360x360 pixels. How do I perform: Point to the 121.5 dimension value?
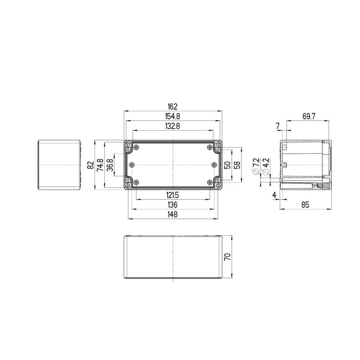pyautogui.click(x=173, y=195)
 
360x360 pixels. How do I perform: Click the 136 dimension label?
pyautogui.click(x=173, y=205)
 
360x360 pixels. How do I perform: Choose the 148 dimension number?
pyautogui.click(x=173, y=215)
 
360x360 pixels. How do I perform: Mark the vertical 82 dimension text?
pyautogui.click(x=91, y=165)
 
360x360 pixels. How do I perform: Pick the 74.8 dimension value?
pyautogui.click(x=100, y=165)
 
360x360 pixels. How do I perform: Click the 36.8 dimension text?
pyautogui.click(x=110, y=165)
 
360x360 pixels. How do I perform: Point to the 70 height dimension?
pyautogui.click(x=227, y=257)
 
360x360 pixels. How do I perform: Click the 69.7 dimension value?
pyautogui.click(x=309, y=116)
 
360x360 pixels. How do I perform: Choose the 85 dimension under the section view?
pyautogui.click(x=305, y=205)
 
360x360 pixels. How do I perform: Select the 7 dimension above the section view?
pyautogui.click(x=278, y=125)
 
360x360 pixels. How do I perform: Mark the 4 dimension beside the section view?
pyautogui.click(x=274, y=195)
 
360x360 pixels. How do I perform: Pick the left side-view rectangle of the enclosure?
pyautogui.click(x=59, y=165)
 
